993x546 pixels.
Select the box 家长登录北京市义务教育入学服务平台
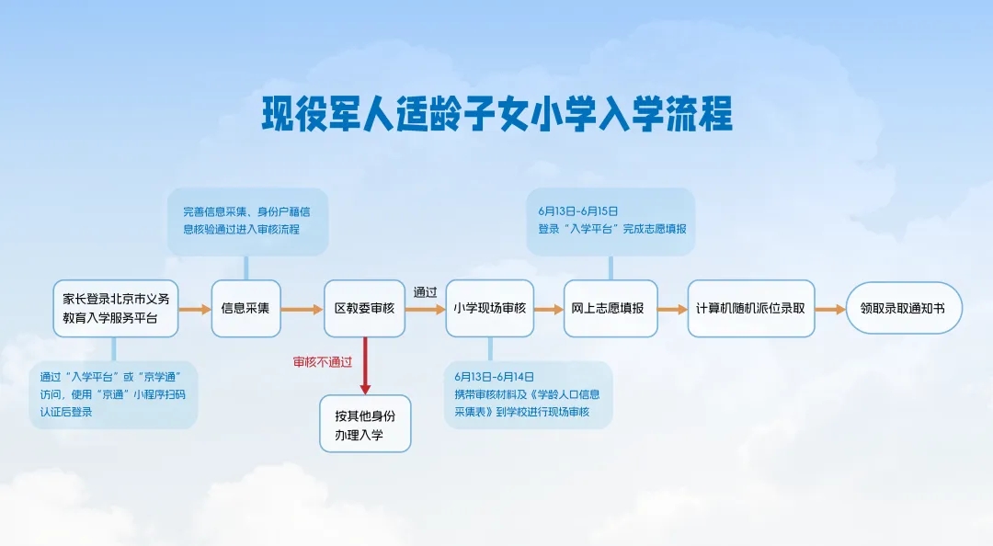click(116, 309)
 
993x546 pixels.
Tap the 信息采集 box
click(245, 309)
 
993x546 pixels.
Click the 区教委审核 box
click(364, 309)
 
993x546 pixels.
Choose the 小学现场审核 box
click(489, 309)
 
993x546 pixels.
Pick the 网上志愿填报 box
click(611, 309)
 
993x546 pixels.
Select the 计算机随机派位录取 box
click(750, 309)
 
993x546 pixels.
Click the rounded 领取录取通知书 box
click(904, 309)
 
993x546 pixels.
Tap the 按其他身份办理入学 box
click(365, 424)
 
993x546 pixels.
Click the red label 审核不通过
click(322, 361)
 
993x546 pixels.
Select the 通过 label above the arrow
click(425, 292)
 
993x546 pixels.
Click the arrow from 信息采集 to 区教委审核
click(302, 310)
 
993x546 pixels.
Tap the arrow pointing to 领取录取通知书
click(829, 310)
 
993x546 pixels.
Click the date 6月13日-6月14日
click(494, 377)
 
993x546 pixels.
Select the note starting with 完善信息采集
click(246, 221)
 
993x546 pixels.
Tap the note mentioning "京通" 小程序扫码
click(113, 394)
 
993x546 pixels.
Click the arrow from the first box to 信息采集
click(194, 310)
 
